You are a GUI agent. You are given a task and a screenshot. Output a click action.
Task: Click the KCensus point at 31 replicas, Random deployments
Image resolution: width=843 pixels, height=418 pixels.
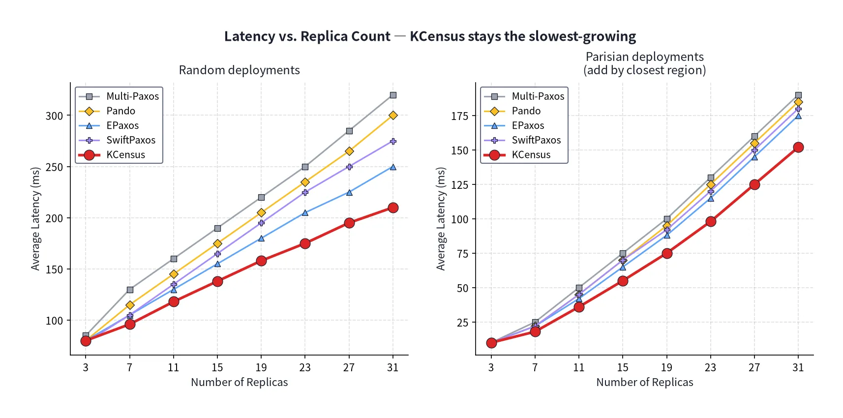pos(393,208)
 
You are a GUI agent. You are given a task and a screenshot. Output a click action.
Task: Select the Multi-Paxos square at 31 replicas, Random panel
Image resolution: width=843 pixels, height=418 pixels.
pos(393,95)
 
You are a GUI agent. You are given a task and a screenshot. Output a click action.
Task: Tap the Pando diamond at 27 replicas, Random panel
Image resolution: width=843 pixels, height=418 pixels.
pos(349,151)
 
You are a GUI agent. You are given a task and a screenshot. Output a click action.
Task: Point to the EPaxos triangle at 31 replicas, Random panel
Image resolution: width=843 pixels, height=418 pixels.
pos(393,167)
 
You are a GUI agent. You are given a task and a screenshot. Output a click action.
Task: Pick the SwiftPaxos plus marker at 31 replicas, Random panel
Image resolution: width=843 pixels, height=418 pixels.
pos(393,141)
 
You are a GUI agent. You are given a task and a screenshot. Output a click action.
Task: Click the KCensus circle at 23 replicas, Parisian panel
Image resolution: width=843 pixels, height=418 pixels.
pos(711,222)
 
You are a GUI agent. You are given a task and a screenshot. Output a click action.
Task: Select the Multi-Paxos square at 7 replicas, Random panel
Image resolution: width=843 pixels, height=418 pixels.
pos(130,290)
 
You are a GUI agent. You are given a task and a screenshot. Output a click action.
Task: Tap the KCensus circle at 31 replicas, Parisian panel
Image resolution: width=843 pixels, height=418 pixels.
pos(798,147)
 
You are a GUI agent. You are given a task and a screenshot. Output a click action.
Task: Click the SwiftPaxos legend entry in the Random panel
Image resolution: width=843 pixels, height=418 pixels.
pos(117,140)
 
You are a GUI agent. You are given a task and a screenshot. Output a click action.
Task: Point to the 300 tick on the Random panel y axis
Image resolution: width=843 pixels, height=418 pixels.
pos(54,116)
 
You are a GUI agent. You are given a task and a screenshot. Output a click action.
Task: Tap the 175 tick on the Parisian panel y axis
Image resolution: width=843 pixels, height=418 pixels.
pos(459,116)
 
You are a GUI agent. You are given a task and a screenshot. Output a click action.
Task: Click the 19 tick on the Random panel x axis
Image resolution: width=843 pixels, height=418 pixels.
pos(261,367)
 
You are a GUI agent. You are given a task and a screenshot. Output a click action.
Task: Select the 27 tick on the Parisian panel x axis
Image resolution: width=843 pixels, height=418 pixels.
pos(754,367)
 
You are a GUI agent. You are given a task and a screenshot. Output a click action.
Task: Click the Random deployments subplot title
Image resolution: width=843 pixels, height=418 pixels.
pos(240,70)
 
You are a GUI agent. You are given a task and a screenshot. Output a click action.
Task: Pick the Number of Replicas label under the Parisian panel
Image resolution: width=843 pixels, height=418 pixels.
pos(645,382)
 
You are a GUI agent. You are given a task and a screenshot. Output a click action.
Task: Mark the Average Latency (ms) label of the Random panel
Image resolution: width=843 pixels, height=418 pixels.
pos(35,219)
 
